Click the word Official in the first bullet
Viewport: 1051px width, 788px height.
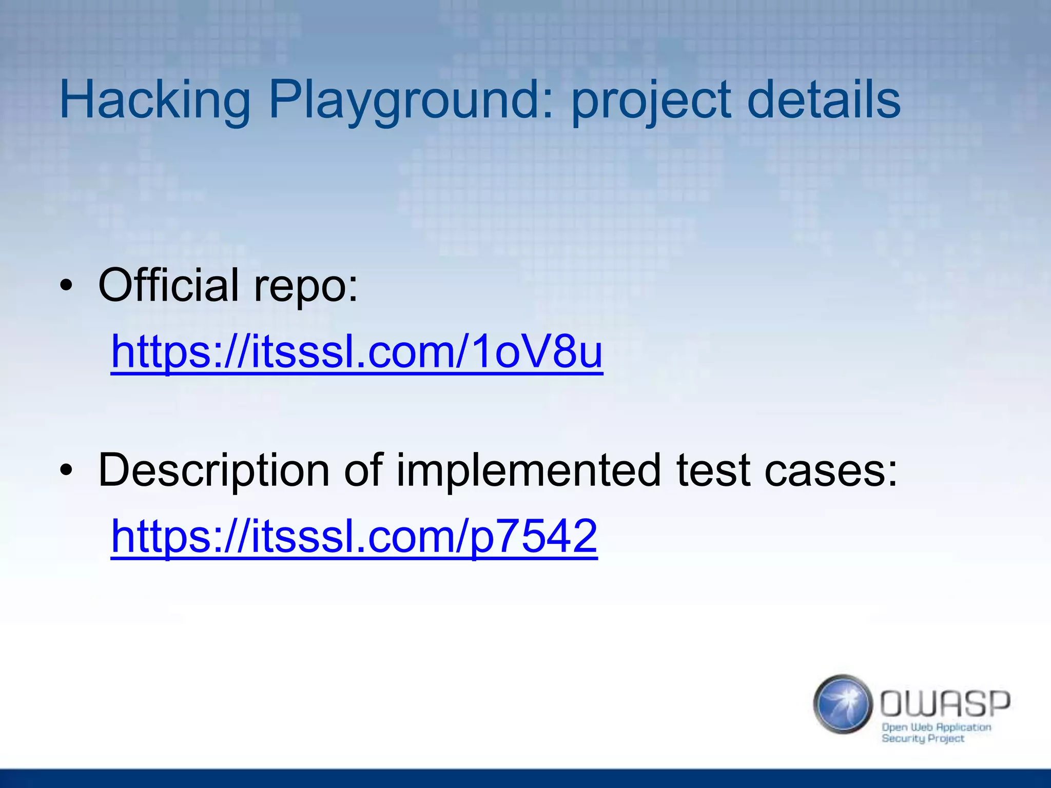point(169,285)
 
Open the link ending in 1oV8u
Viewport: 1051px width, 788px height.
point(357,352)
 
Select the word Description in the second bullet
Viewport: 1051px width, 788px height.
point(213,471)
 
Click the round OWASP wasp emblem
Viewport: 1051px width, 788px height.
point(843,704)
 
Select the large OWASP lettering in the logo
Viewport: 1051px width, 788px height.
point(945,703)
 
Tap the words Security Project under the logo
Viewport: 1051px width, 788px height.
point(923,739)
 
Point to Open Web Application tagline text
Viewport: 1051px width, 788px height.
point(936,727)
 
